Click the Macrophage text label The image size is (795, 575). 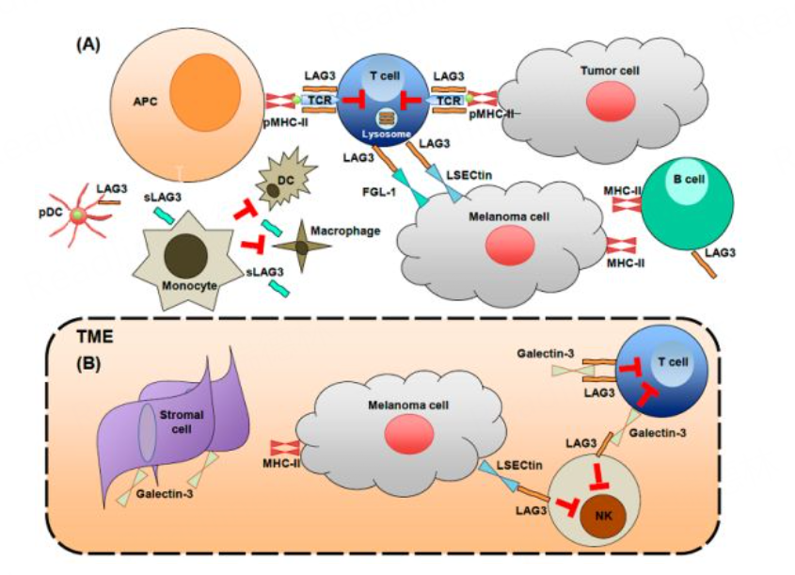point(349,228)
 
